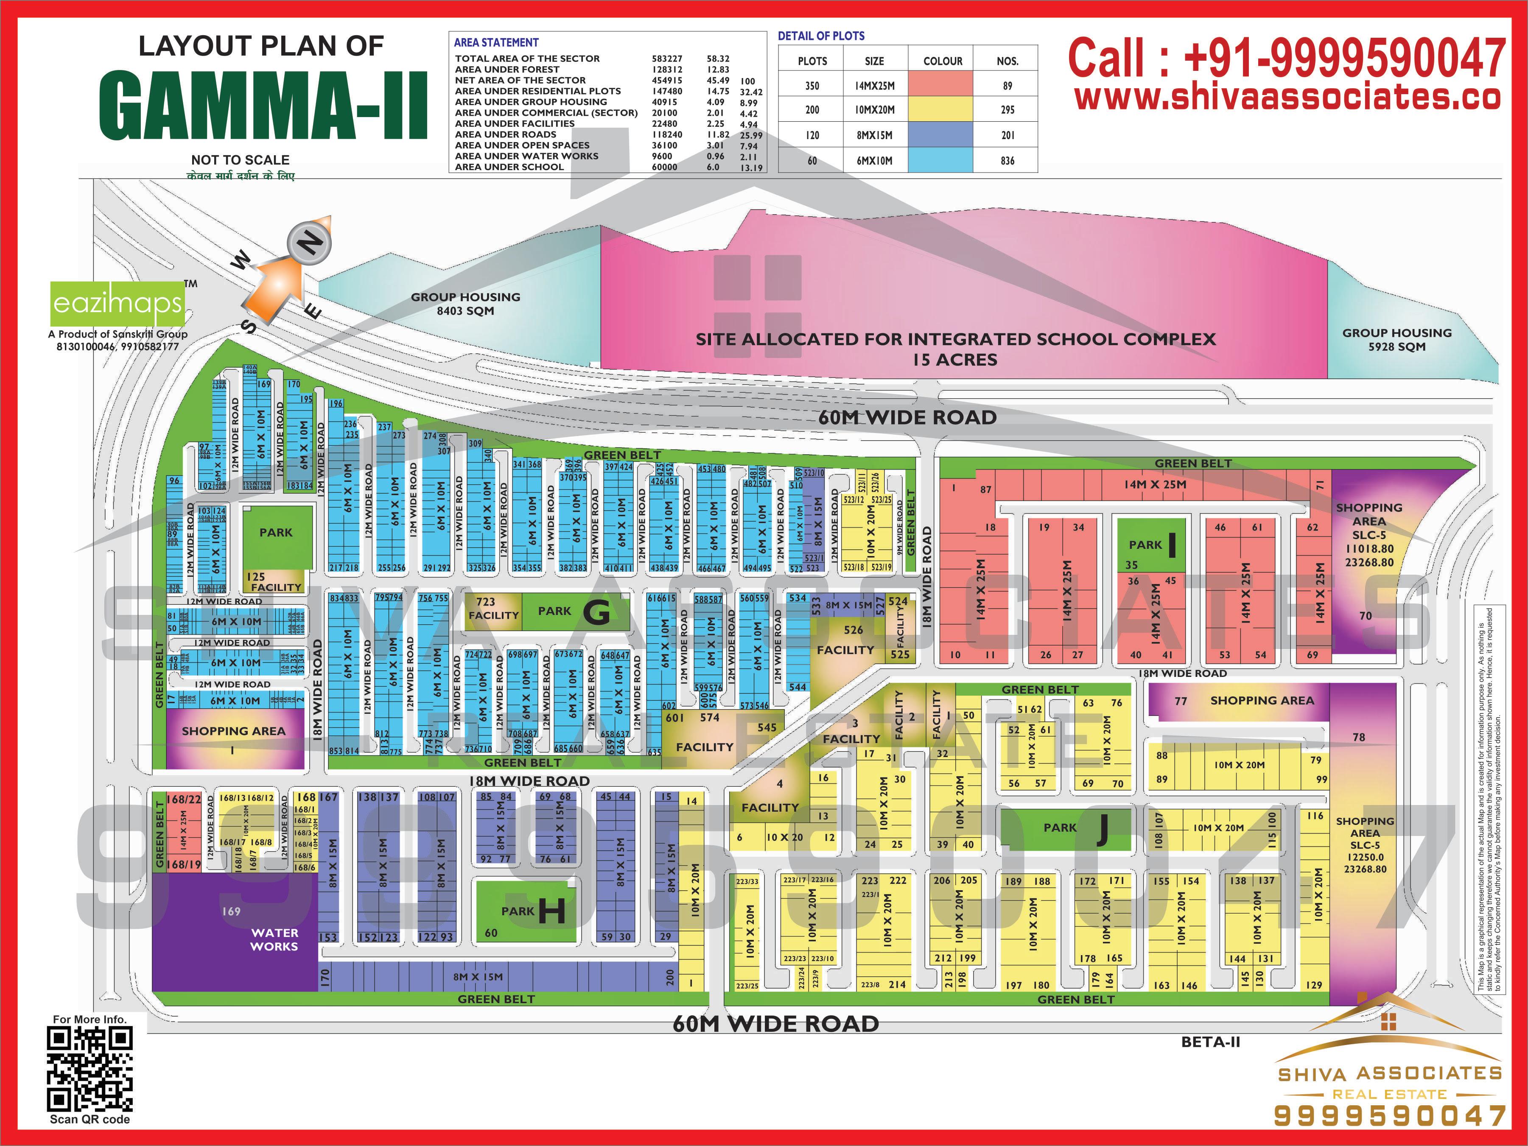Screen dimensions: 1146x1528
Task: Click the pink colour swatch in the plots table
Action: click(940, 86)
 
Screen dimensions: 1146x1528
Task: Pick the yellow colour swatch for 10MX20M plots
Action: click(940, 109)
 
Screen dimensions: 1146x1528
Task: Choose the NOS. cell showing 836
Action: click(1007, 161)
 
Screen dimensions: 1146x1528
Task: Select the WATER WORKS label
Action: click(274, 939)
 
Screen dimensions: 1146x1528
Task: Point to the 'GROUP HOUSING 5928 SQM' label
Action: click(1397, 340)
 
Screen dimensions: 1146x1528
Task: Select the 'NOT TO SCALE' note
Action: click(241, 159)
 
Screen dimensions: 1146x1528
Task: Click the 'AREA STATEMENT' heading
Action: click(496, 43)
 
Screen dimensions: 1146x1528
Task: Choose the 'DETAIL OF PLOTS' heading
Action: click(821, 36)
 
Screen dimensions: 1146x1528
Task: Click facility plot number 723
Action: click(486, 602)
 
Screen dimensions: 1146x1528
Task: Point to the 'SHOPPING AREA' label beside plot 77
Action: click(1262, 700)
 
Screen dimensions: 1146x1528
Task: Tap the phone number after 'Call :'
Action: click(1343, 58)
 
